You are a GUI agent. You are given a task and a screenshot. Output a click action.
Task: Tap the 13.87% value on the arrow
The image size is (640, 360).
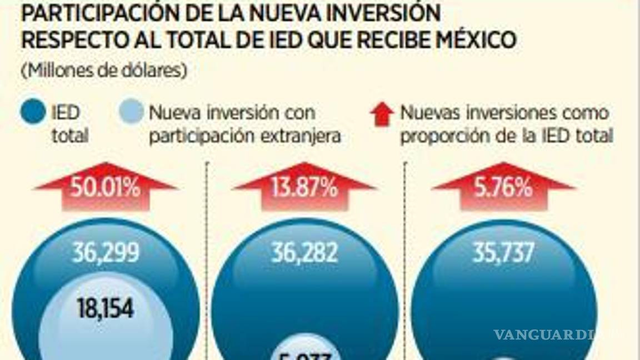click(304, 189)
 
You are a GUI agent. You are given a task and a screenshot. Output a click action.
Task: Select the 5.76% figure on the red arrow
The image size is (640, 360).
click(504, 189)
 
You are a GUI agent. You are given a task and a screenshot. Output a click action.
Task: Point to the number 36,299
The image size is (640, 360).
click(105, 253)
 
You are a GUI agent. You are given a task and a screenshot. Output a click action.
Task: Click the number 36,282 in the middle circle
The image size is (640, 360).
click(304, 253)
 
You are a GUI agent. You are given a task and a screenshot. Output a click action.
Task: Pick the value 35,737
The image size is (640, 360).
click(503, 253)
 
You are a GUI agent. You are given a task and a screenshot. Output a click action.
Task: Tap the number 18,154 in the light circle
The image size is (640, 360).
click(105, 308)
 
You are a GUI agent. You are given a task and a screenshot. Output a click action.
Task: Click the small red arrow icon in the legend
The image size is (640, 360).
click(382, 115)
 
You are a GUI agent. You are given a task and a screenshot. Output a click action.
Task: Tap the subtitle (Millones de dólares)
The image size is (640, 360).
click(104, 71)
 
